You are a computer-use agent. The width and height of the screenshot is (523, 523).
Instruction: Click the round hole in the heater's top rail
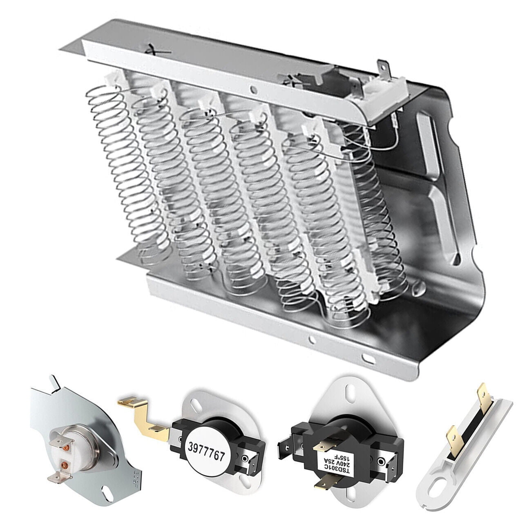click(x=253, y=89)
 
